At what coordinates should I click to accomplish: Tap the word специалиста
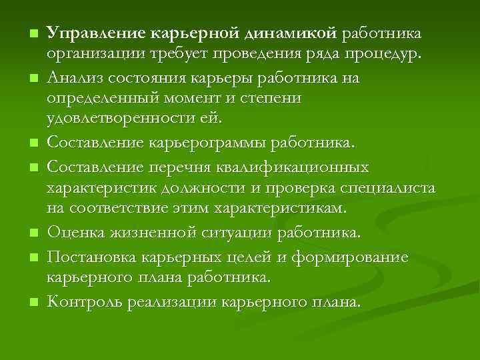tap(389, 187)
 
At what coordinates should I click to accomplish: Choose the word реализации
tap(167, 301)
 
